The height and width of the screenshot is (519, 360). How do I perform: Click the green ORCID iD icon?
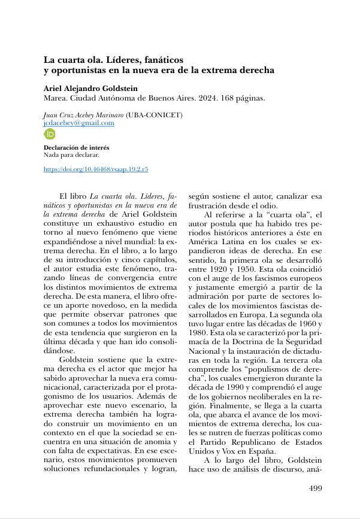(x=50, y=134)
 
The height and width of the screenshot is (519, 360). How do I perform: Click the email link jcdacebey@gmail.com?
(x=79, y=123)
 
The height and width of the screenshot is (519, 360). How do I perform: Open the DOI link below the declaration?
(x=96, y=169)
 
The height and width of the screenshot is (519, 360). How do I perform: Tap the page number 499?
(x=315, y=488)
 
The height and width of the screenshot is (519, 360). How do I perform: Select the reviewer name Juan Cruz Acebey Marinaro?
(x=84, y=114)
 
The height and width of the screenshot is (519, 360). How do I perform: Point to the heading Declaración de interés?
(x=77, y=147)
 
